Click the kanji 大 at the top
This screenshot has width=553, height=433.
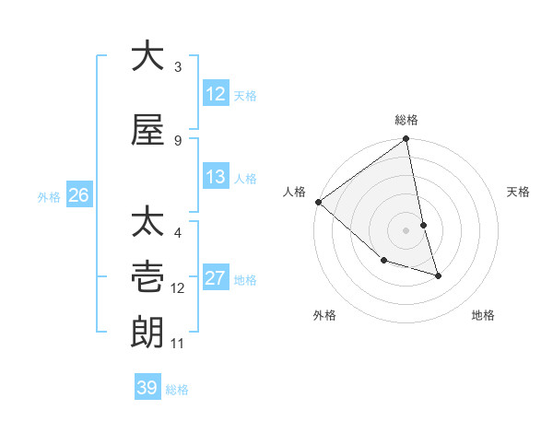tap(147, 56)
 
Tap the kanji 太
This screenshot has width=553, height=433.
tap(147, 223)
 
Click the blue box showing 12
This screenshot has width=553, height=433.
tap(216, 94)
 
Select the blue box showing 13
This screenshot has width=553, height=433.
tap(216, 177)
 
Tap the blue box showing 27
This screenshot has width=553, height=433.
tap(216, 278)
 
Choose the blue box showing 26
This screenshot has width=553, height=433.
tap(78, 194)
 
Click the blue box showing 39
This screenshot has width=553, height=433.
tap(147, 388)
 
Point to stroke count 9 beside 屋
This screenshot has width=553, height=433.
tap(178, 140)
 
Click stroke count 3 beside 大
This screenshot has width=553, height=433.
tap(178, 67)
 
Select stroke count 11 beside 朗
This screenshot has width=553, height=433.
tap(178, 344)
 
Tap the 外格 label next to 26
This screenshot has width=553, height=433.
tap(49, 196)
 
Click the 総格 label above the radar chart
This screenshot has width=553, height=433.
tap(406, 120)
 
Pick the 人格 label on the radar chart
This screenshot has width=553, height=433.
tap(295, 192)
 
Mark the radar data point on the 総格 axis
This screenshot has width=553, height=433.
tap(406, 140)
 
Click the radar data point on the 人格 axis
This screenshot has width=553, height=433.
tap(318, 202)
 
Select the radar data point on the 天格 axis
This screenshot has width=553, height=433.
tap(423, 225)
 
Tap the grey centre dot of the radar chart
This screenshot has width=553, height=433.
tap(406, 230)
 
